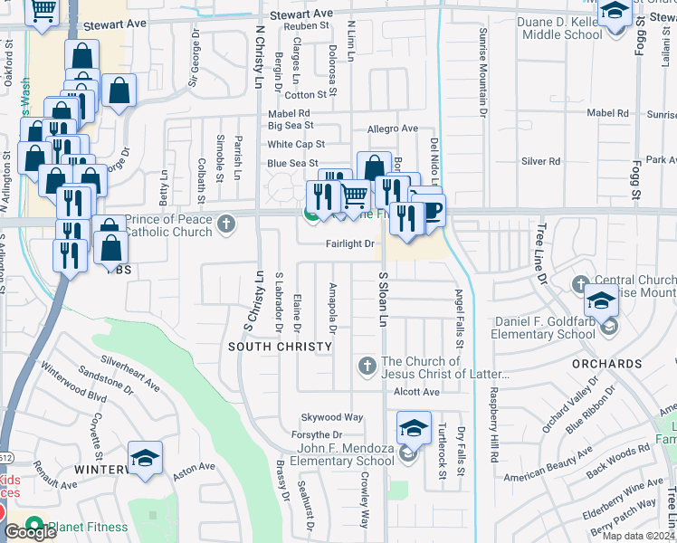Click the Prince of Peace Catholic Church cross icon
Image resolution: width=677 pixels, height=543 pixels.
pyautogui.click(x=226, y=221)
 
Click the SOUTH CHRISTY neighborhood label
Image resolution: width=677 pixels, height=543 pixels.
pyautogui.click(x=273, y=347)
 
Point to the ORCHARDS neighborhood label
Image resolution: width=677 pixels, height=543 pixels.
pyautogui.click(x=606, y=364)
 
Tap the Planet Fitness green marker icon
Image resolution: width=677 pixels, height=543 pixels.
pyautogui.click(x=35, y=525)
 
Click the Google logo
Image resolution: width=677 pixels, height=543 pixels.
pyautogui.click(x=30, y=532)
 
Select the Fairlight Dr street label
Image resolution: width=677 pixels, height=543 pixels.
pyautogui.click(x=350, y=244)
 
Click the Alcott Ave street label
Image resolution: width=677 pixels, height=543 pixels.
pyautogui.click(x=416, y=392)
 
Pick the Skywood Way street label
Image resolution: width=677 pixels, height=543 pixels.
pyautogui.click(x=333, y=417)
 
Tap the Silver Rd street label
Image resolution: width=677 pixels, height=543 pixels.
pyautogui.click(x=540, y=161)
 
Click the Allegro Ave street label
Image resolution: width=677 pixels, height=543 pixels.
pyautogui.click(x=392, y=129)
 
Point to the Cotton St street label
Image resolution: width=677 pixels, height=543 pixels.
pyautogui.click(x=305, y=95)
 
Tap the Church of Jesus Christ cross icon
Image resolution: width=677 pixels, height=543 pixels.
pyautogui.click(x=367, y=366)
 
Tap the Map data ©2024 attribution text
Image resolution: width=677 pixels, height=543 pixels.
pyautogui.click(x=638, y=536)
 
